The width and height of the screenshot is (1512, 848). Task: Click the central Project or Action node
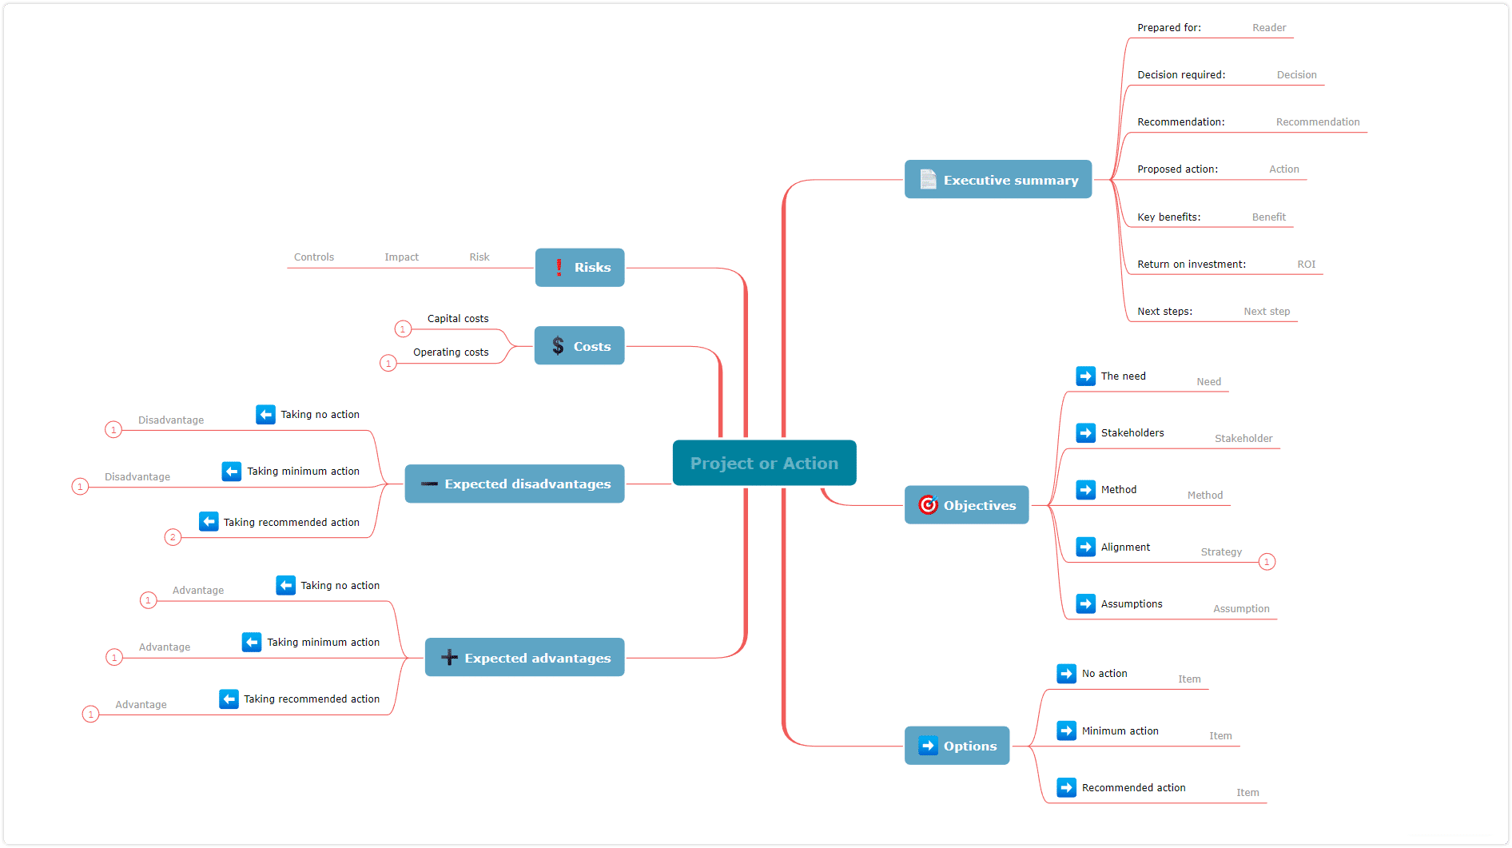tap(764, 463)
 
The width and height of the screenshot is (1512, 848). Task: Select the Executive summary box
tap(998, 180)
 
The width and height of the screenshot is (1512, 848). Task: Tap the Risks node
tap(579, 267)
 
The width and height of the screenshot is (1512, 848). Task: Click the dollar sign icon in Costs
tap(558, 346)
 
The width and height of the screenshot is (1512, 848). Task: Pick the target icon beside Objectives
tap(928, 504)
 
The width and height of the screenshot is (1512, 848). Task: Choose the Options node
tap(957, 746)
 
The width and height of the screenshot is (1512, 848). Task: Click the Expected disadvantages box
tap(515, 484)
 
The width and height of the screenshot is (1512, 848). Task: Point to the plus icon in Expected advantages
tap(449, 658)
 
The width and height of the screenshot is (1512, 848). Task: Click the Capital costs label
tap(458, 318)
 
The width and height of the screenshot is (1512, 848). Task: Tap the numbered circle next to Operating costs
tap(388, 364)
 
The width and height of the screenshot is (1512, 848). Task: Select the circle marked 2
tap(173, 537)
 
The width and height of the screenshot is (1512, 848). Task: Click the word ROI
tap(1306, 265)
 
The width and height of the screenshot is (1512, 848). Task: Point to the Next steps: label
tap(1164, 312)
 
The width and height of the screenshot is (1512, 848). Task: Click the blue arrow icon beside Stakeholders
tap(1086, 432)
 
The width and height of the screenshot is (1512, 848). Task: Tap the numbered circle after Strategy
tap(1267, 562)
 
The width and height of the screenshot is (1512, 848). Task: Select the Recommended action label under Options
tap(1133, 787)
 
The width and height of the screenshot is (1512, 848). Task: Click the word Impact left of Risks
tap(401, 257)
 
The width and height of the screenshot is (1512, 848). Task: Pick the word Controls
tap(314, 257)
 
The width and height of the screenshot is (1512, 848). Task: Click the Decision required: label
tap(1181, 75)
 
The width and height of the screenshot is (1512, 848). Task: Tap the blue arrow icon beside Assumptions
tap(1086, 603)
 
